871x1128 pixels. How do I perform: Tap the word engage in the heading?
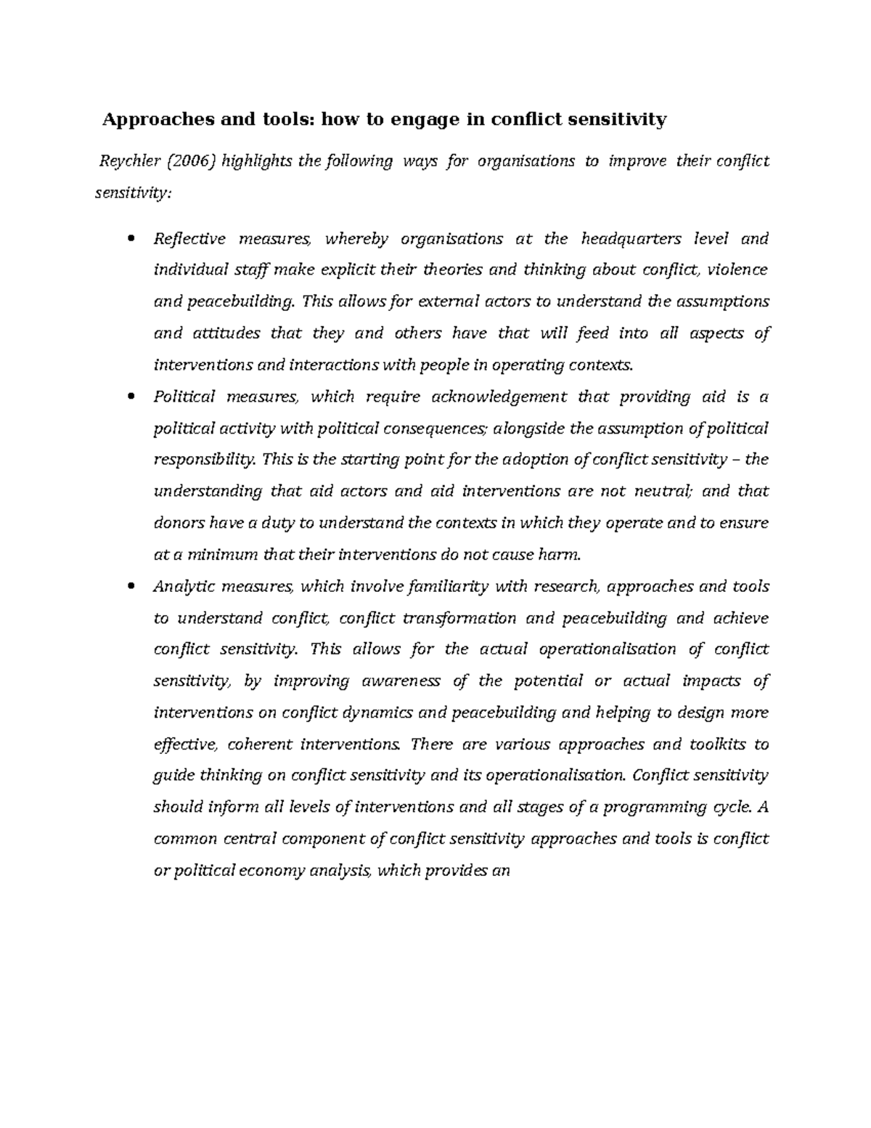tap(425, 120)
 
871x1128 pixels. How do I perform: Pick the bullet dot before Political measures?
tap(131, 397)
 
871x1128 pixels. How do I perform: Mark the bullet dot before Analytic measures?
tap(131, 587)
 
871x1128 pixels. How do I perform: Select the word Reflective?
tap(189, 239)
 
